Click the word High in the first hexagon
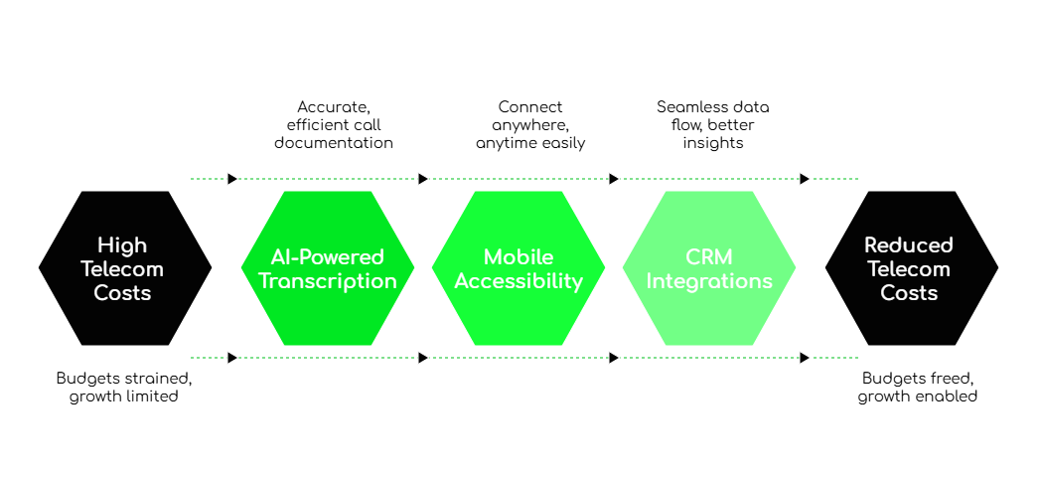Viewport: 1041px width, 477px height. [122, 245]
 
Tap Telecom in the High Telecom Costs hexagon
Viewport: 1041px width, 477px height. [122, 269]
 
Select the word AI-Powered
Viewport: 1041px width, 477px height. [328, 257]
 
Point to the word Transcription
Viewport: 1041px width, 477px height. [328, 281]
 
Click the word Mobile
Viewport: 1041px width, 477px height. [519, 257]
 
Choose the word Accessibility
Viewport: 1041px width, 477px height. [519, 281]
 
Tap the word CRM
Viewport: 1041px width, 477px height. [709, 257]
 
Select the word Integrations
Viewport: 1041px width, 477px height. [709, 281]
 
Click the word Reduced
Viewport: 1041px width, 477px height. [909, 245]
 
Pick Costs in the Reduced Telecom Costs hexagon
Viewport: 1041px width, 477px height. [909, 293]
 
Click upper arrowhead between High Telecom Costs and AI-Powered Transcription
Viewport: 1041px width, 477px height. [232, 179]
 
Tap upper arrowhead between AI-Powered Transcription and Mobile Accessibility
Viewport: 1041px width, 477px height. [423, 179]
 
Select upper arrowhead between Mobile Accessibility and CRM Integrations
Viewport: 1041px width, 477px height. [614, 179]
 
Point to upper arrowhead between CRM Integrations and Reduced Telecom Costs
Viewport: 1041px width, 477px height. [805, 179]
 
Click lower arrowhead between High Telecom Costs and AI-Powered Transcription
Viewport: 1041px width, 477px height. [232, 358]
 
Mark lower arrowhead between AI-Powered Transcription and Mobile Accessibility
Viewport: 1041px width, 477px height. [423, 358]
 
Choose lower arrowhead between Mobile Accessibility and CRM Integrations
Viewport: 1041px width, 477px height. [614, 358]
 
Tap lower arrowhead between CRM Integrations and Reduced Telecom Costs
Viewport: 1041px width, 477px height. [805, 358]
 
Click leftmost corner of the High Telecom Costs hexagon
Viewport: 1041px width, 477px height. [39, 267]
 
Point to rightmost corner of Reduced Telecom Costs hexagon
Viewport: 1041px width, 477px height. [998, 267]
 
